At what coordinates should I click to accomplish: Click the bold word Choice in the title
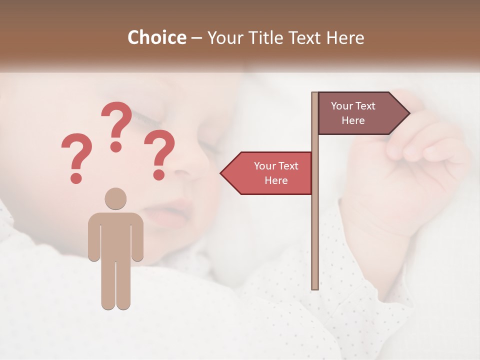click(156, 37)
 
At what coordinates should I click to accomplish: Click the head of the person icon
click(115, 198)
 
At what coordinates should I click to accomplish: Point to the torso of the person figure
click(115, 235)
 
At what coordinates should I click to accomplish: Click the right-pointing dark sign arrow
click(360, 113)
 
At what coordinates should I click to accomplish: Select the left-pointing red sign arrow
click(270, 173)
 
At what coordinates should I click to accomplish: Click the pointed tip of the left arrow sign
click(221, 173)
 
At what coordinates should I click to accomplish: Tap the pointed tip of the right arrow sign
click(409, 113)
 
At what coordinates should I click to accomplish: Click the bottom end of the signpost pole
click(315, 287)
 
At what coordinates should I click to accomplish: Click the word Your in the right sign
click(342, 106)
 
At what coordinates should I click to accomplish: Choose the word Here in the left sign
click(276, 180)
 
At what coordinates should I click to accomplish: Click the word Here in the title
click(345, 37)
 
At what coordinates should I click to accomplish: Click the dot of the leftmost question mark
click(76, 177)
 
